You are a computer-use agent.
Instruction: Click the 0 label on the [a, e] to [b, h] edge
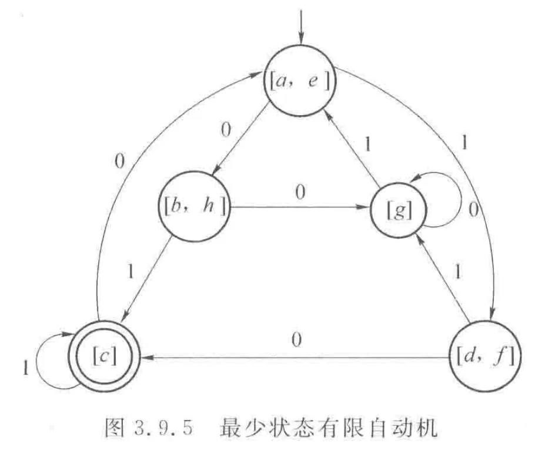[x=226, y=130]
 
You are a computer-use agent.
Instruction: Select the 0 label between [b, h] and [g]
[x=300, y=193]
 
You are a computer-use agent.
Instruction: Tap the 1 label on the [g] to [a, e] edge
[x=367, y=145]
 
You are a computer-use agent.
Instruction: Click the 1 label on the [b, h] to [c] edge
[x=131, y=271]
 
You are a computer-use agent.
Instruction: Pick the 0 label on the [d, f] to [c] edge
[x=297, y=340]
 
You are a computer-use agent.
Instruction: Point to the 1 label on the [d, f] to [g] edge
[x=457, y=271]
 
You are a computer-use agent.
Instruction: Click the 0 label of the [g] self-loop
[x=473, y=210]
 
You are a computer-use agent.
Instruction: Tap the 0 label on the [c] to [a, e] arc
[x=120, y=161]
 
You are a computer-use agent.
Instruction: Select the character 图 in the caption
[x=115, y=428]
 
